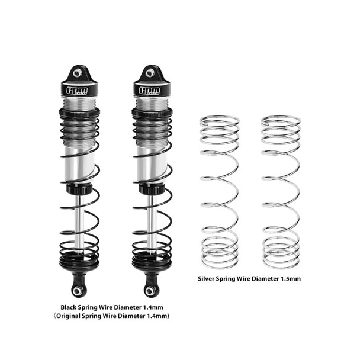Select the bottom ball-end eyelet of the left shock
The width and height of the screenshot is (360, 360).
point(76,290)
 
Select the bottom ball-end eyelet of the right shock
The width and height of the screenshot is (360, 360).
point(149,290)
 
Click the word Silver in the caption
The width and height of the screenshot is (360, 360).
point(210,277)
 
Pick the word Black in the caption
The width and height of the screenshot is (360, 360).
point(71,307)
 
